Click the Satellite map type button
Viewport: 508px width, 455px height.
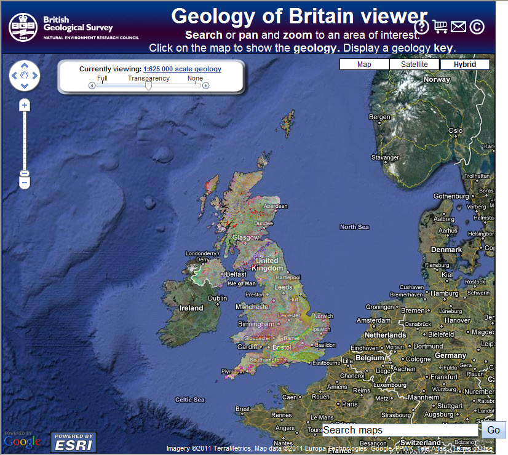(415, 65)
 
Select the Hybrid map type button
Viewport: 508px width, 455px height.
(465, 65)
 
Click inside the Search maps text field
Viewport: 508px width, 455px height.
(400, 430)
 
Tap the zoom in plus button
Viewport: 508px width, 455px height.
(25, 105)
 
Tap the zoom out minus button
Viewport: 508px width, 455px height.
(25, 183)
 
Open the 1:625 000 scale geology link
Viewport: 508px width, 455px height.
(182, 69)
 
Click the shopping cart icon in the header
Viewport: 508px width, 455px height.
(440, 26)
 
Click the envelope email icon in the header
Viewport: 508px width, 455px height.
(458, 26)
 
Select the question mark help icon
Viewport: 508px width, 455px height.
(421, 26)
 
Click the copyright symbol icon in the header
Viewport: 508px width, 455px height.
(477, 26)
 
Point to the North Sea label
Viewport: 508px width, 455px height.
(354, 227)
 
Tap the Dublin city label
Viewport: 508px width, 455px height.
(217, 298)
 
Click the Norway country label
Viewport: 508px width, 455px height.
(437, 79)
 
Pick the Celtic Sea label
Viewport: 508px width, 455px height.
(189, 400)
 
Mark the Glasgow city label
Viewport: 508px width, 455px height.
(245, 237)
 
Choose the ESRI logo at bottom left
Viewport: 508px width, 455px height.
(73, 441)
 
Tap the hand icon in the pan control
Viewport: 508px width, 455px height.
(25, 76)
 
